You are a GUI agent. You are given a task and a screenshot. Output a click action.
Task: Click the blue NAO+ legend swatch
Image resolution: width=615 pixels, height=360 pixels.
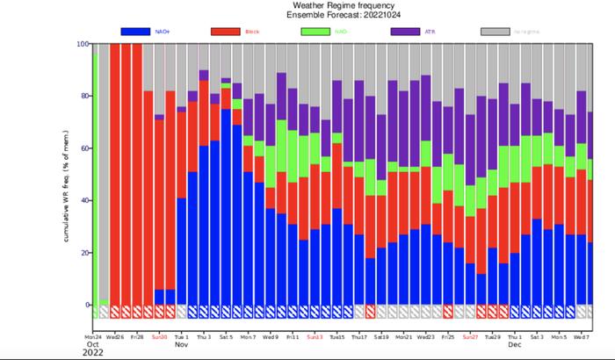[x=135, y=32]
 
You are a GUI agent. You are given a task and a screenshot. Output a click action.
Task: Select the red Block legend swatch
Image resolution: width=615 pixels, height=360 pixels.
[x=226, y=32]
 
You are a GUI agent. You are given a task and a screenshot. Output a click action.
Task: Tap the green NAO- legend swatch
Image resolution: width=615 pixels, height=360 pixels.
[x=315, y=32]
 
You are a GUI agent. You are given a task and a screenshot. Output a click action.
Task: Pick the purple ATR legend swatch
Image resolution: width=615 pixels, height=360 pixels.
[x=406, y=32]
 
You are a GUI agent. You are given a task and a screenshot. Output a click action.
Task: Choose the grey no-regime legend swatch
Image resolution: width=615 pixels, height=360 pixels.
[x=496, y=32]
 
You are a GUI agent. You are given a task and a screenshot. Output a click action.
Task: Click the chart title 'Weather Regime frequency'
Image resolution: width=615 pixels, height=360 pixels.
[x=337, y=5]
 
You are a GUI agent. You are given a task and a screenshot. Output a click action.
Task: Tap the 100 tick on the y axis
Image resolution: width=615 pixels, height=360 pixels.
[x=83, y=44]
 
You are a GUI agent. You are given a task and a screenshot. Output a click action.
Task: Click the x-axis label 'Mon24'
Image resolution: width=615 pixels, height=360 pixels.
[x=93, y=336]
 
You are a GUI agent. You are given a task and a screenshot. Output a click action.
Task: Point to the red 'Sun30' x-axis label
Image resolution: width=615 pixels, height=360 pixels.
[x=159, y=336]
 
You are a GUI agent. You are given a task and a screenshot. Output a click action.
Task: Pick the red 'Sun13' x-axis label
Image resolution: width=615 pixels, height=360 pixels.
[x=315, y=336]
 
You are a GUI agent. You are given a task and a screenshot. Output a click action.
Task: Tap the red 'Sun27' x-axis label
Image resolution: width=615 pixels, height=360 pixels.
[x=470, y=336]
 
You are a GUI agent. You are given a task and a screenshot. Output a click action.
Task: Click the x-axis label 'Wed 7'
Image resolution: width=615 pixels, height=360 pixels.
[x=581, y=336]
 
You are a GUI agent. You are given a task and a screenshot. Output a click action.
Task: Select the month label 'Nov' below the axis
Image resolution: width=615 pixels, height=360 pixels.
[x=182, y=344]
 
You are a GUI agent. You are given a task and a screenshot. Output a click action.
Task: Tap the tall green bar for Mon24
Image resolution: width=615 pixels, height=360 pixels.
[x=94, y=176]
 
